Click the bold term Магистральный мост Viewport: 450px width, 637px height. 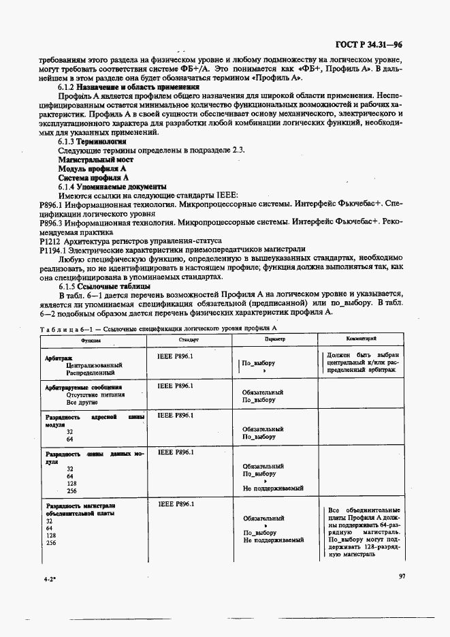95,159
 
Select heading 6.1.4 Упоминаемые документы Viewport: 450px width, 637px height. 112,186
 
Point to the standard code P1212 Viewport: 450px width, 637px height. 50,240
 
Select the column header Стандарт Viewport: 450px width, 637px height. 189,339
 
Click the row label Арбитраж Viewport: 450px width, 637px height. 59,357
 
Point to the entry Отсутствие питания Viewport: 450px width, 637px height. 95,394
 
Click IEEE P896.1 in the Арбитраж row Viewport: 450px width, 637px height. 176,356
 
